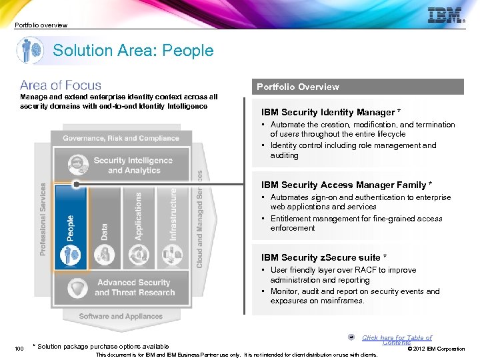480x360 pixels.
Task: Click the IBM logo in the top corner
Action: pyautogui.click(x=445, y=16)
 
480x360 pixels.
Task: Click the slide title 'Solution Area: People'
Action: pyautogui.click(x=133, y=51)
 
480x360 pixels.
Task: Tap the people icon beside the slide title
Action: pyautogui.click(x=31, y=51)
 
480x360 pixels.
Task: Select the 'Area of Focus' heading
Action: pyautogui.click(x=61, y=85)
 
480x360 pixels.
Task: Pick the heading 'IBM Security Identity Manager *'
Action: pyautogui.click(x=331, y=112)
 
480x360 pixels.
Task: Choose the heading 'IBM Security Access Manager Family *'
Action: pyautogui.click(x=347, y=185)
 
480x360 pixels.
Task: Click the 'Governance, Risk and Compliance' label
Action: pyautogui.click(x=121, y=138)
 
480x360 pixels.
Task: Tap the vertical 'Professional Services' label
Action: pyautogui.click(x=43, y=219)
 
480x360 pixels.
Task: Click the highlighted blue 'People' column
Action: pyautogui.click(x=70, y=227)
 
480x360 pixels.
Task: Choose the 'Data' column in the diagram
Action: pyautogui.click(x=104, y=227)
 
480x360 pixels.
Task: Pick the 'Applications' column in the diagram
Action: pyautogui.click(x=138, y=227)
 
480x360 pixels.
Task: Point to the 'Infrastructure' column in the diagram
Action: pyautogui.click(x=173, y=227)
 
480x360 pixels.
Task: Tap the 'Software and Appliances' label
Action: pyautogui.click(x=121, y=316)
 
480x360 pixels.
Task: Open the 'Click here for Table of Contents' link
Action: pyautogui.click(x=396, y=339)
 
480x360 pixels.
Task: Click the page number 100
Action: pyautogui.click(x=19, y=348)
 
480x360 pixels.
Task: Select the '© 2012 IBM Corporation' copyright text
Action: pyautogui.click(x=436, y=349)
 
